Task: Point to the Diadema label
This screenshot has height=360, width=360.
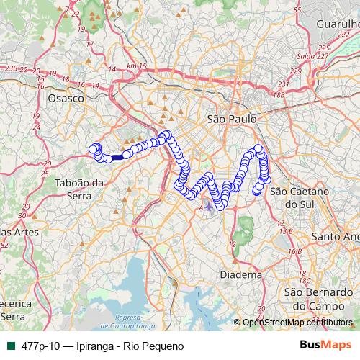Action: [240, 274]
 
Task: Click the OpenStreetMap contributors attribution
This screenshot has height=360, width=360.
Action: [297, 323]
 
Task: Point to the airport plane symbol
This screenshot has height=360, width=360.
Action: [209, 207]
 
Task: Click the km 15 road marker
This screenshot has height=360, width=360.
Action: [135, 66]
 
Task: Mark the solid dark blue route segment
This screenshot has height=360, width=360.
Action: [117, 156]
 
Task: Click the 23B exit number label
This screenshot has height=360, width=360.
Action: [11, 68]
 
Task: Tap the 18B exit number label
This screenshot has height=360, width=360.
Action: [279, 94]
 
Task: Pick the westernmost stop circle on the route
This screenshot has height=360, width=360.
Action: [92, 149]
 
